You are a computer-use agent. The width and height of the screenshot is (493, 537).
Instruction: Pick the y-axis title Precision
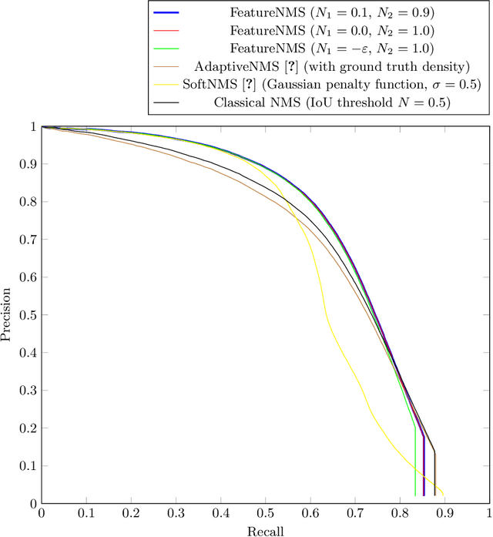coord(7,314)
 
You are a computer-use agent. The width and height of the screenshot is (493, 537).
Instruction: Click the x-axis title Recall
coord(265,531)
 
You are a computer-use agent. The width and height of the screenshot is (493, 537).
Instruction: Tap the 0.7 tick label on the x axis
coord(355,513)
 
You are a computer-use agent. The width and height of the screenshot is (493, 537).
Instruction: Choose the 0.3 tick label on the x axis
coord(176,513)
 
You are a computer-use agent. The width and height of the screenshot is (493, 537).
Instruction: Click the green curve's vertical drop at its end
coord(415,462)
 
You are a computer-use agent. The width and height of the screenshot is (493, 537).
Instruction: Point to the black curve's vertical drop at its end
coord(434,474)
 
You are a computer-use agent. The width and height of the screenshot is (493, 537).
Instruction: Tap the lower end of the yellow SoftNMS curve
coord(443,495)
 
